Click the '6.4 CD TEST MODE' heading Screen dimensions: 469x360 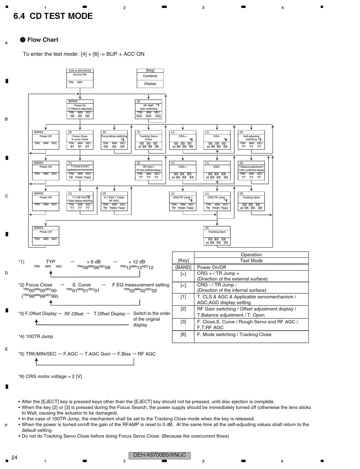[x=53, y=16]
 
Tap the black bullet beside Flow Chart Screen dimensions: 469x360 [x=23, y=40]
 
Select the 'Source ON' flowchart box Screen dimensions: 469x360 [x=80, y=78]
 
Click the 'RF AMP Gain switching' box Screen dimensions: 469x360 [x=149, y=109]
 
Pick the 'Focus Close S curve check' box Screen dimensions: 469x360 [x=80, y=140]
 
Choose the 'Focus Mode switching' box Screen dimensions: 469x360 [x=114, y=140]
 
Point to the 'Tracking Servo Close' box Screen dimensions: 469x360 [x=149, y=140]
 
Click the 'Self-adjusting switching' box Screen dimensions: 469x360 [x=251, y=140]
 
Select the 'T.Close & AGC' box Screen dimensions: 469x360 [x=80, y=171]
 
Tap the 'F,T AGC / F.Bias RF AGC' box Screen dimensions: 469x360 [x=114, y=201]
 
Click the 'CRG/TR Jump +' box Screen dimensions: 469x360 [x=183, y=201]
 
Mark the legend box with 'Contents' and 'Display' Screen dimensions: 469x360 [x=150, y=78]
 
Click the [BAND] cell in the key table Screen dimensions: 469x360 [x=183, y=267]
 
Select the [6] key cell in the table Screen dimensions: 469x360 [x=183, y=334]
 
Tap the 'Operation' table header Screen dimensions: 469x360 [x=251, y=255]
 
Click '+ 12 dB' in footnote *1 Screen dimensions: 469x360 [x=136, y=262]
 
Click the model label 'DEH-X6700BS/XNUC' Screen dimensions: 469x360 [x=160, y=455]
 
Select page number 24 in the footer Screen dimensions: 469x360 [x=14, y=458]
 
